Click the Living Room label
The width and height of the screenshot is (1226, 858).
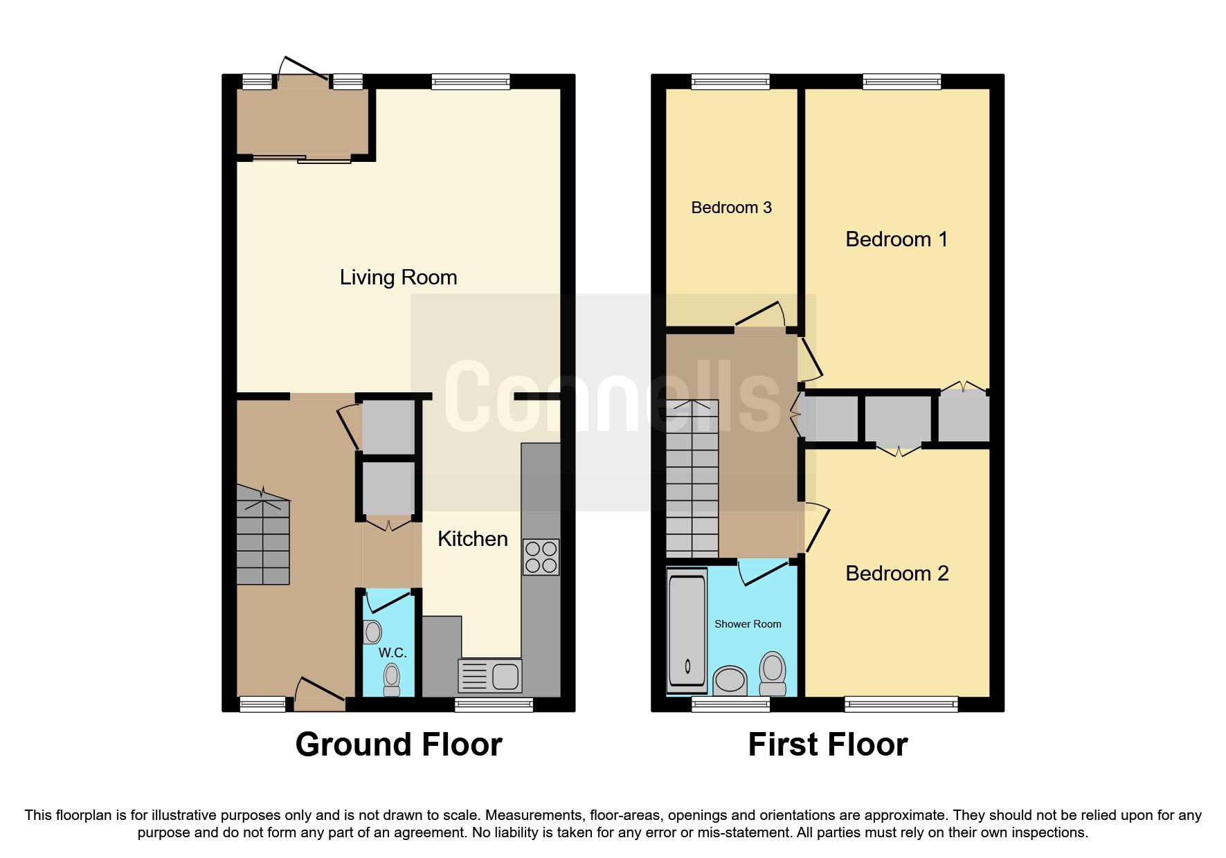(x=398, y=277)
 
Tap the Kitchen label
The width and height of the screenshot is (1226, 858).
(x=472, y=539)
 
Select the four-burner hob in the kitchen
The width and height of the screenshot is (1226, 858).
(x=541, y=557)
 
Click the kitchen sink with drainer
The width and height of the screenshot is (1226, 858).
(x=490, y=676)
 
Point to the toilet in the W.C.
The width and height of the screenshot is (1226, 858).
(x=392, y=679)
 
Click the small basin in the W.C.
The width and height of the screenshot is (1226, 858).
(x=372, y=632)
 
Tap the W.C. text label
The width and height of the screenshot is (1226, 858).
(x=392, y=652)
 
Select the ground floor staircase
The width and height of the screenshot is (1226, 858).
(x=262, y=535)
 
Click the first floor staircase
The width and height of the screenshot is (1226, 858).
(x=692, y=479)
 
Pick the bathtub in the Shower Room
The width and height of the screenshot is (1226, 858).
(x=687, y=631)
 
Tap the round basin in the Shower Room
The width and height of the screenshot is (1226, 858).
(x=729, y=679)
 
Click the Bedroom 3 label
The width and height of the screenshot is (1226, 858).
(x=731, y=208)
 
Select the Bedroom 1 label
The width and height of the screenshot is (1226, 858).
(x=896, y=239)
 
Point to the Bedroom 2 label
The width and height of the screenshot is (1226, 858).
(x=896, y=574)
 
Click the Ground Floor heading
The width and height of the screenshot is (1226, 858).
(x=398, y=745)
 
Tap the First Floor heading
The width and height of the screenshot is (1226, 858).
(x=827, y=745)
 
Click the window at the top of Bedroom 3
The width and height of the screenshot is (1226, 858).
(x=730, y=82)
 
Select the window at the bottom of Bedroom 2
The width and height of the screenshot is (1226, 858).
(x=901, y=704)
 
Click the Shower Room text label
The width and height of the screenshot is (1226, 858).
(x=748, y=624)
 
